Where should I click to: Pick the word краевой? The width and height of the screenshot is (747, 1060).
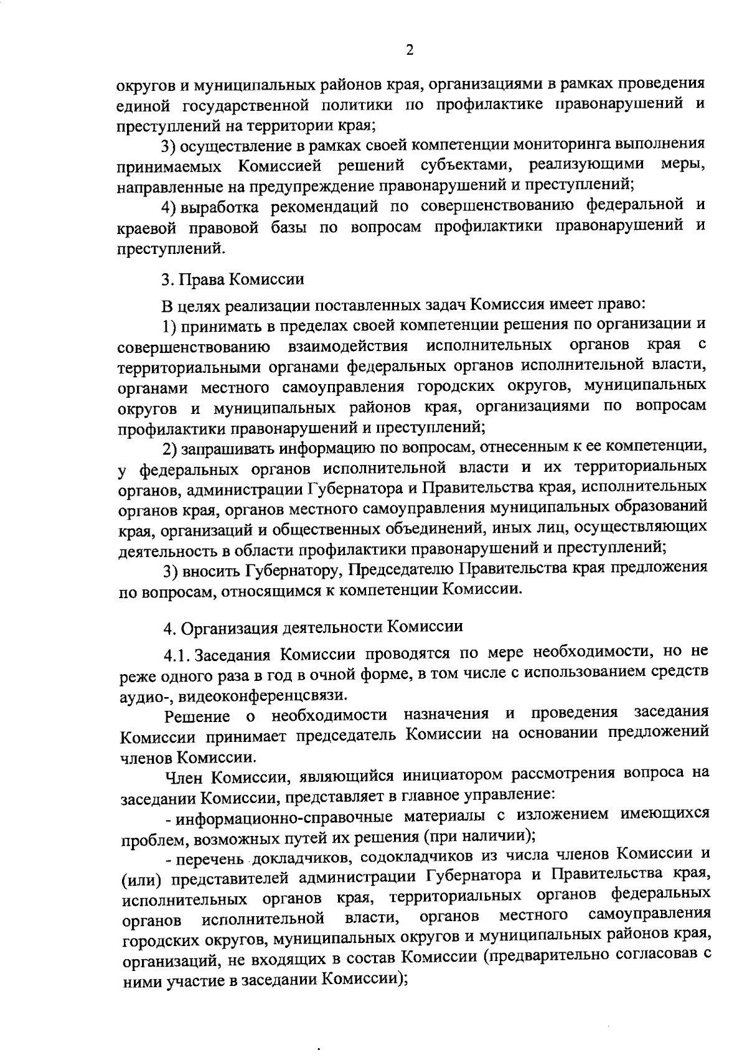tap(146, 227)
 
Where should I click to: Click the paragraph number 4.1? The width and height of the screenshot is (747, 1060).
tap(177, 655)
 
